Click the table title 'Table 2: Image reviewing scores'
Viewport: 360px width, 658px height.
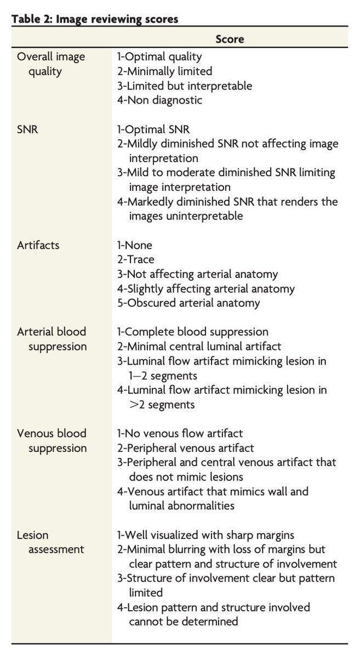tap(95, 19)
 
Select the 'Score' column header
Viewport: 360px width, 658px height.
tap(230, 39)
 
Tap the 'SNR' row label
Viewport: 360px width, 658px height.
tap(27, 129)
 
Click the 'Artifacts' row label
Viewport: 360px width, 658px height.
tap(38, 245)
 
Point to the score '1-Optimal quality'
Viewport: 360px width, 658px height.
tap(159, 56)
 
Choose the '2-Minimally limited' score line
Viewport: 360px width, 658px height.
tap(164, 71)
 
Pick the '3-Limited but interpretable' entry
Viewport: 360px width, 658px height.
tap(185, 86)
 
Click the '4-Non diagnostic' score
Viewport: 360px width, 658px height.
tap(160, 100)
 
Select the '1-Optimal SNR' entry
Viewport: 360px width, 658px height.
tap(153, 129)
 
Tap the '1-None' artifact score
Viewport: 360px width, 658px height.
tap(134, 245)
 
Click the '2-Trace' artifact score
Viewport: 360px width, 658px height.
tap(136, 259)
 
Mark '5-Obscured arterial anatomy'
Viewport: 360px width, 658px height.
tap(188, 303)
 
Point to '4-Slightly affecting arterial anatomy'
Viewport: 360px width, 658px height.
tap(206, 288)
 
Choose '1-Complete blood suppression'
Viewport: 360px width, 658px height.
tap(193, 332)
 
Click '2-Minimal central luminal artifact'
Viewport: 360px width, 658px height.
tap(199, 347)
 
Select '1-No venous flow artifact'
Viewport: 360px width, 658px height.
tap(180, 433)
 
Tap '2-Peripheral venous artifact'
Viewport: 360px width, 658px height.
tap(186, 448)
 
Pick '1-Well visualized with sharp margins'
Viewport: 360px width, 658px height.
tap(205, 535)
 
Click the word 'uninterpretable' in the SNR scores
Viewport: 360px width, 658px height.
tap(204, 216)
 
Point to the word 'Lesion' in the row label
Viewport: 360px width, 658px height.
tap(32, 535)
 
